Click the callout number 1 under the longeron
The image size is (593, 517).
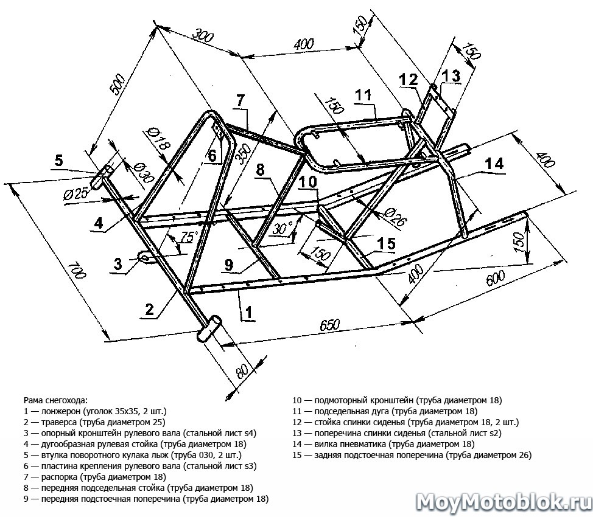tap(248, 313)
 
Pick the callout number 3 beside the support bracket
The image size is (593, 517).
tap(119, 263)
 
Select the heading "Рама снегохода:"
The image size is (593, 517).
tap(55, 400)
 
